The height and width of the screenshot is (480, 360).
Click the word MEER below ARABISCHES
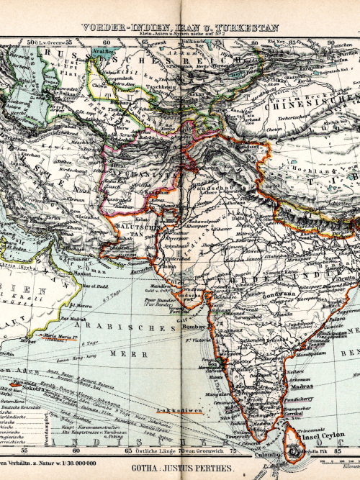(x=118, y=354)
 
